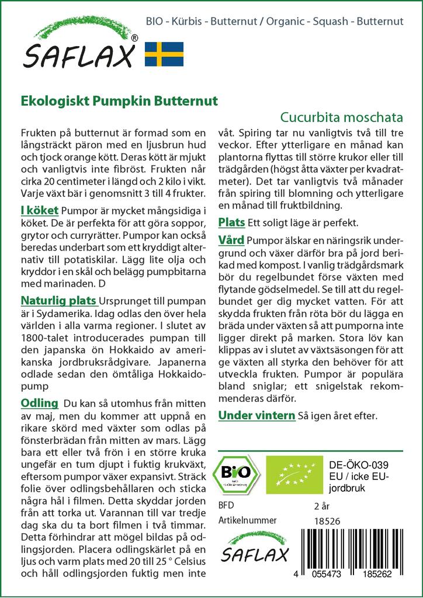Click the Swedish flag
164,54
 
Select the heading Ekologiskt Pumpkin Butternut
119,100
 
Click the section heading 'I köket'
39,210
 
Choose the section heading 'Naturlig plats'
58,301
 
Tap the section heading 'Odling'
40,403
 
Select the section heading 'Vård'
231,241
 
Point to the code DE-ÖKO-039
355,465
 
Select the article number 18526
327,521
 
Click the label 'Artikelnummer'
247,520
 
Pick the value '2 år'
322,505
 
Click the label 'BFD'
226,505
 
